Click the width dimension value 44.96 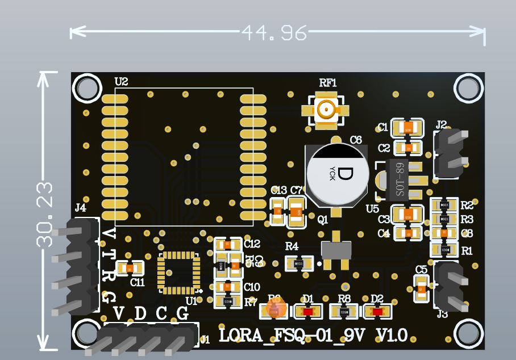pyautogui.click(x=274, y=32)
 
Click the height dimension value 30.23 pyautogui.click(x=44, y=214)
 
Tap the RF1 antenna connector pyautogui.click(x=326, y=110)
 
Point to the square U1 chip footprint pyautogui.click(x=179, y=273)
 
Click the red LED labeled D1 pyautogui.click(x=308, y=311)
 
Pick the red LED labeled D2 pyautogui.click(x=377, y=311)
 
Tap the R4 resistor pyautogui.click(x=298, y=263)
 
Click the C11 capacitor pyautogui.click(x=130, y=268)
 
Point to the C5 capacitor pyautogui.click(x=421, y=288)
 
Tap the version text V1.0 pyautogui.click(x=392, y=335)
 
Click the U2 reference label pyautogui.click(x=121, y=82)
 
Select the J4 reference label pyautogui.click(x=81, y=208)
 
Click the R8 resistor pyautogui.click(x=344, y=311)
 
